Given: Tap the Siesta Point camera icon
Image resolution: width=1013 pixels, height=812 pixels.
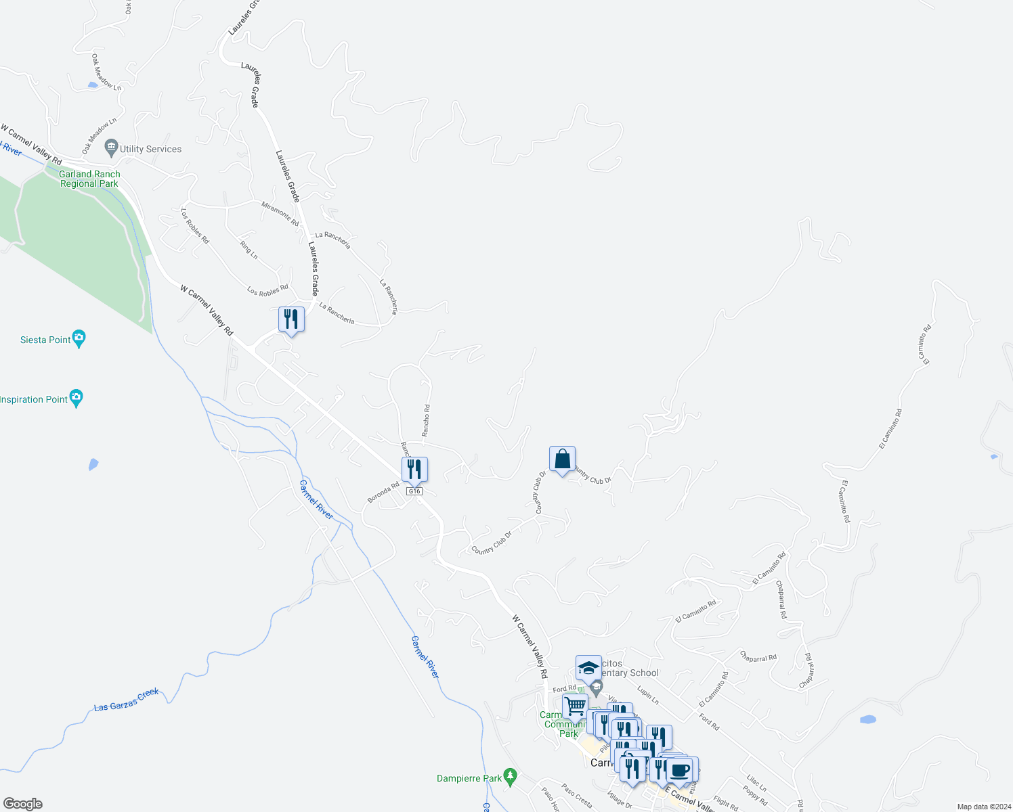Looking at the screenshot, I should click(x=79, y=339).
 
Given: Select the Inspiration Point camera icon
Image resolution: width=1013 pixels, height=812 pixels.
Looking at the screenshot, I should click(x=77, y=399).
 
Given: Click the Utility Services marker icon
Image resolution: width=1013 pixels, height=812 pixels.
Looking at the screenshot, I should click(x=112, y=148).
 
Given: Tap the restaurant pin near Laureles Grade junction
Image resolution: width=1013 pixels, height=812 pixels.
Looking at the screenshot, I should click(x=291, y=319).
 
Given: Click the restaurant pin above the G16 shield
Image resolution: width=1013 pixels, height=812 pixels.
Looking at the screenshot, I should click(x=414, y=470).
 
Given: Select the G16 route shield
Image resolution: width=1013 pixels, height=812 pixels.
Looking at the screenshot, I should click(x=414, y=491).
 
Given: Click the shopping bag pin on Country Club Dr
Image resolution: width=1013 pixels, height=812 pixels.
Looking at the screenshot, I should click(x=562, y=459).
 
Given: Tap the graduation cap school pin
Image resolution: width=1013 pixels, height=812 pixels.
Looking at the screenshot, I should click(x=588, y=668).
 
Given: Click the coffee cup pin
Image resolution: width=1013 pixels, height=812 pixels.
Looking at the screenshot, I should click(x=679, y=770).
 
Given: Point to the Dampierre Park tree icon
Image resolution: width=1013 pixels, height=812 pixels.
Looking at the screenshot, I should click(x=511, y=775).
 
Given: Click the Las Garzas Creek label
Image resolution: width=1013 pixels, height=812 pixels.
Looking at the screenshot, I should click(x=127, y=700).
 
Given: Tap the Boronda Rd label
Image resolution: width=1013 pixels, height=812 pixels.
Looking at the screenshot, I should click(x=383, y=492).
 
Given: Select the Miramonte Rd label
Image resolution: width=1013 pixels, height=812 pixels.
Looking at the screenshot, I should click(x=280, y=213).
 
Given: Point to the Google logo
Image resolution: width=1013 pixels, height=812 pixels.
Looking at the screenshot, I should click(x=22, y=804).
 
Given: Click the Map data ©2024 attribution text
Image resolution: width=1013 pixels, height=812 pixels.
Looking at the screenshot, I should click(x=983, y=807).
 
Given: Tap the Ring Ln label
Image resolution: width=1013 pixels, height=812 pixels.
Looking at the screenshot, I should click(x=249, y=249).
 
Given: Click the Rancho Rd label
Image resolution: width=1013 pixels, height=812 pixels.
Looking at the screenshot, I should click(x=426, y=420).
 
